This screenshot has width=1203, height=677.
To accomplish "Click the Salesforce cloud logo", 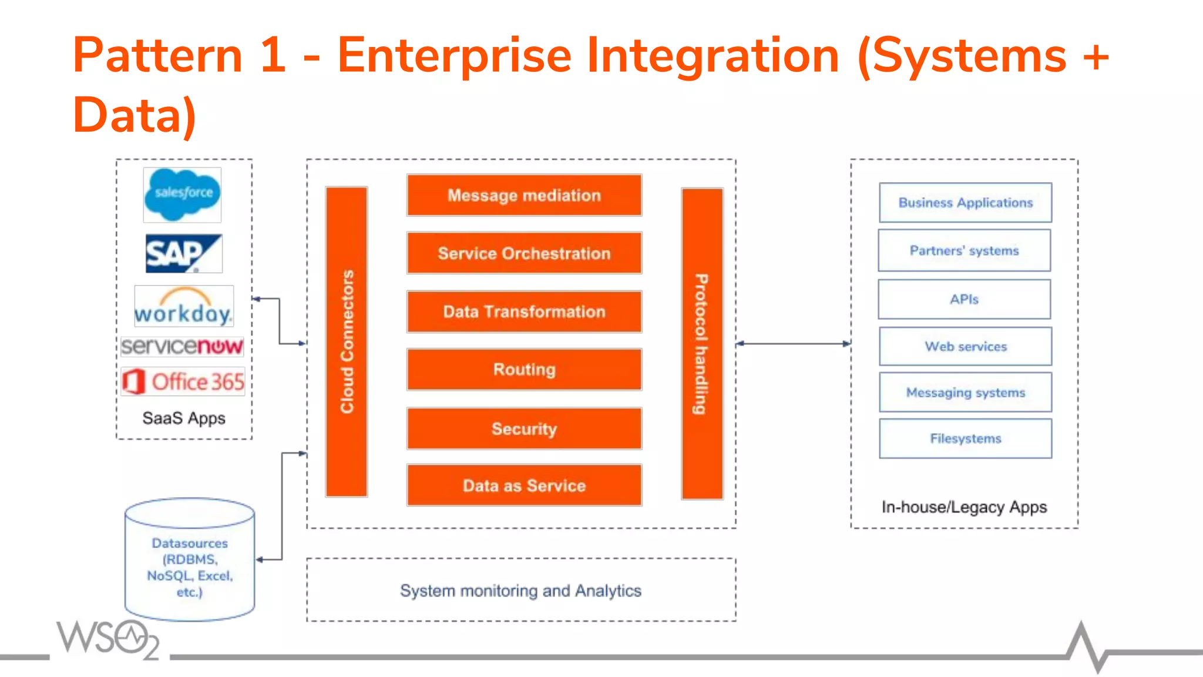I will tap(182, 195).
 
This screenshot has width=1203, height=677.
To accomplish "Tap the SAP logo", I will tap(183, 253).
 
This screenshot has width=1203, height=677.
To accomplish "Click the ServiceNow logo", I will tap(182, 346).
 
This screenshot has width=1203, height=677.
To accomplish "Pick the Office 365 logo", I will tap(183, 381).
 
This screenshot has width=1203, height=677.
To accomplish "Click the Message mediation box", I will tap(524, 195).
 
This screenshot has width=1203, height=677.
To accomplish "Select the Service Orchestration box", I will tap(524, 253).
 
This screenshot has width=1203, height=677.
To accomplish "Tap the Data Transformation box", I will tap(524, 311).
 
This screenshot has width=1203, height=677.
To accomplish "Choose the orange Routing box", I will tap(524, 370).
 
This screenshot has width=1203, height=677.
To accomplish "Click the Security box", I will tap(524, 428).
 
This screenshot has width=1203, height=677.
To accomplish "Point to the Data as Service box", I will tap(524, 485).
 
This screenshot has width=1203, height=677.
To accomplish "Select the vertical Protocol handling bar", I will tap(702, 344).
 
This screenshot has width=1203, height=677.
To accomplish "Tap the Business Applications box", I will tap(965, 203).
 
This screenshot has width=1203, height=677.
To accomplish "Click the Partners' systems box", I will tap(964, 251).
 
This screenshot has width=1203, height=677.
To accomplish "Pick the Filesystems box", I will tap(965, 438).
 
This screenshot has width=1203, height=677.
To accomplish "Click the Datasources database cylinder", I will tap(190, 561).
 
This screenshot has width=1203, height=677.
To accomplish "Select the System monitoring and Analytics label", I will tap(520, 591).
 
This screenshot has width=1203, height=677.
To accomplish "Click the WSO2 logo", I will tap(109, 639).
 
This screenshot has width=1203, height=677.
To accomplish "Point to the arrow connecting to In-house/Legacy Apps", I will tap(793, 344).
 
